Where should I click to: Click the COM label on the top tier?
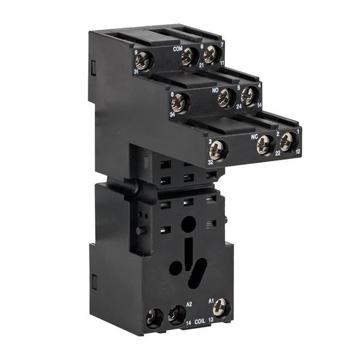point(177,49)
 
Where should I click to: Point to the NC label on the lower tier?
point(254,135)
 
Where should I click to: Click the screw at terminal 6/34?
point(179,103)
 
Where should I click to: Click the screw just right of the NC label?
point(265,143)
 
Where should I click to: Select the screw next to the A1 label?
point(221,307)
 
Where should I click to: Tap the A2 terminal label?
point(189,304)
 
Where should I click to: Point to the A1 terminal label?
point(211,299)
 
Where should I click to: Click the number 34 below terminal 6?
point(172,115)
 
